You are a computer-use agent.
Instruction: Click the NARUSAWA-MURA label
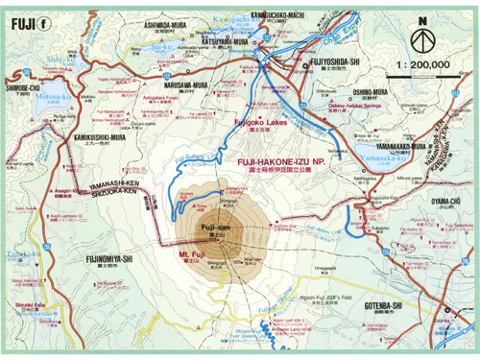(x=174, y=84)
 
